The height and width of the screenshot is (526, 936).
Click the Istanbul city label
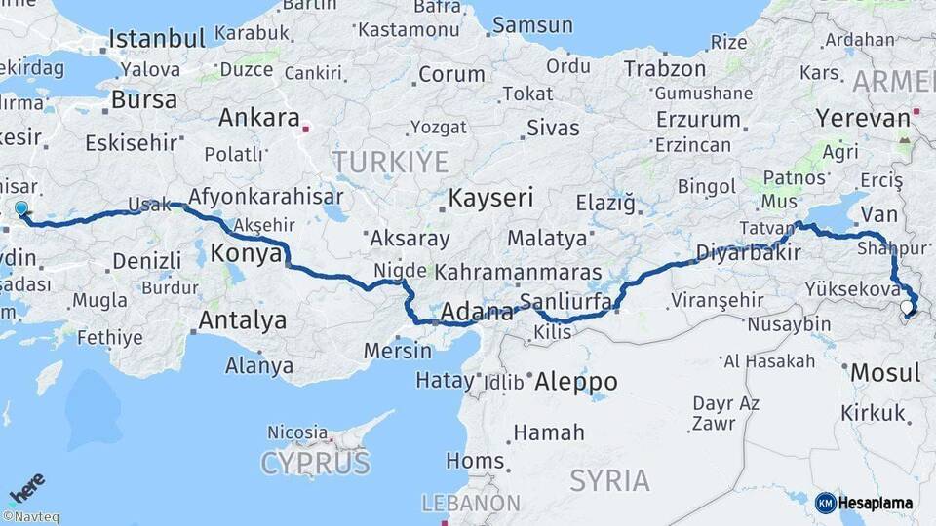tap(156, 39)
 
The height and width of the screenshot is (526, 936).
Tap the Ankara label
tap(258, 118)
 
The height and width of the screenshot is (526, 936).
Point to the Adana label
tap(477, 313)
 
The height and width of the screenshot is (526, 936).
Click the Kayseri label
tap(490, 199)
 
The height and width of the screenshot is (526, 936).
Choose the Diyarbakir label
tap(748, 253)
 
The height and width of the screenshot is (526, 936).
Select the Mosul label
tap(885, 372)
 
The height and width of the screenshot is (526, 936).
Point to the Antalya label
tap(243, 319)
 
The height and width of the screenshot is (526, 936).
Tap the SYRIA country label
tap(609, 480)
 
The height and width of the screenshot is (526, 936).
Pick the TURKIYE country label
tap(390, 162)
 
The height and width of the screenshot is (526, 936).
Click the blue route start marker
tap(21, 208)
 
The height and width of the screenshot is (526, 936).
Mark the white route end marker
tap(907, 308)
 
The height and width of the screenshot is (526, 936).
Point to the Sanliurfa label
tap(565, 301)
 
